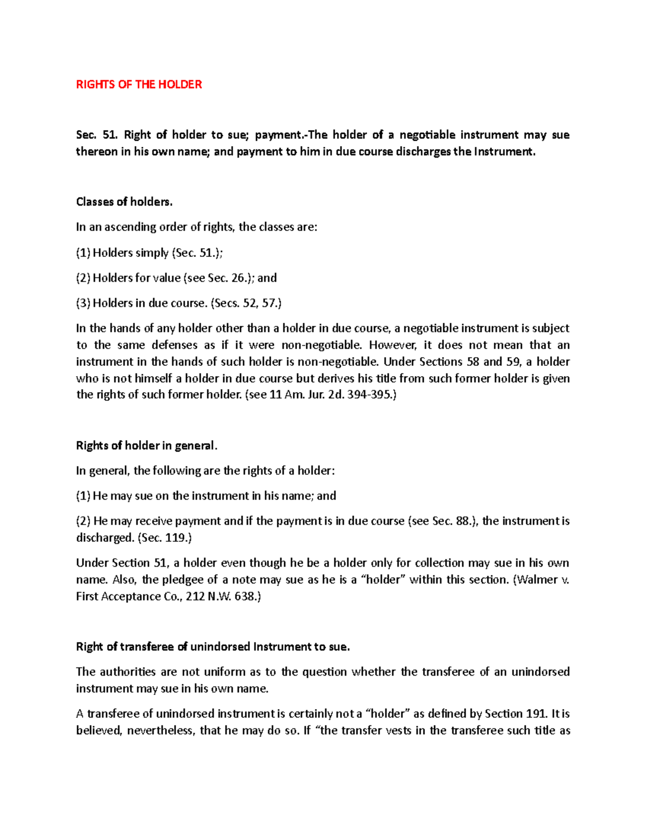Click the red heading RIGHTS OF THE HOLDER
(139, 84)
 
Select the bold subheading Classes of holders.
(124, 202)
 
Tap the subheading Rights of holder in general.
(146, 446)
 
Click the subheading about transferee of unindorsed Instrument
(213, 647)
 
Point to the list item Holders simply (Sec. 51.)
(149, 253)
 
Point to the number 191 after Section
(534, 714)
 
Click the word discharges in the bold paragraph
(424, 152)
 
